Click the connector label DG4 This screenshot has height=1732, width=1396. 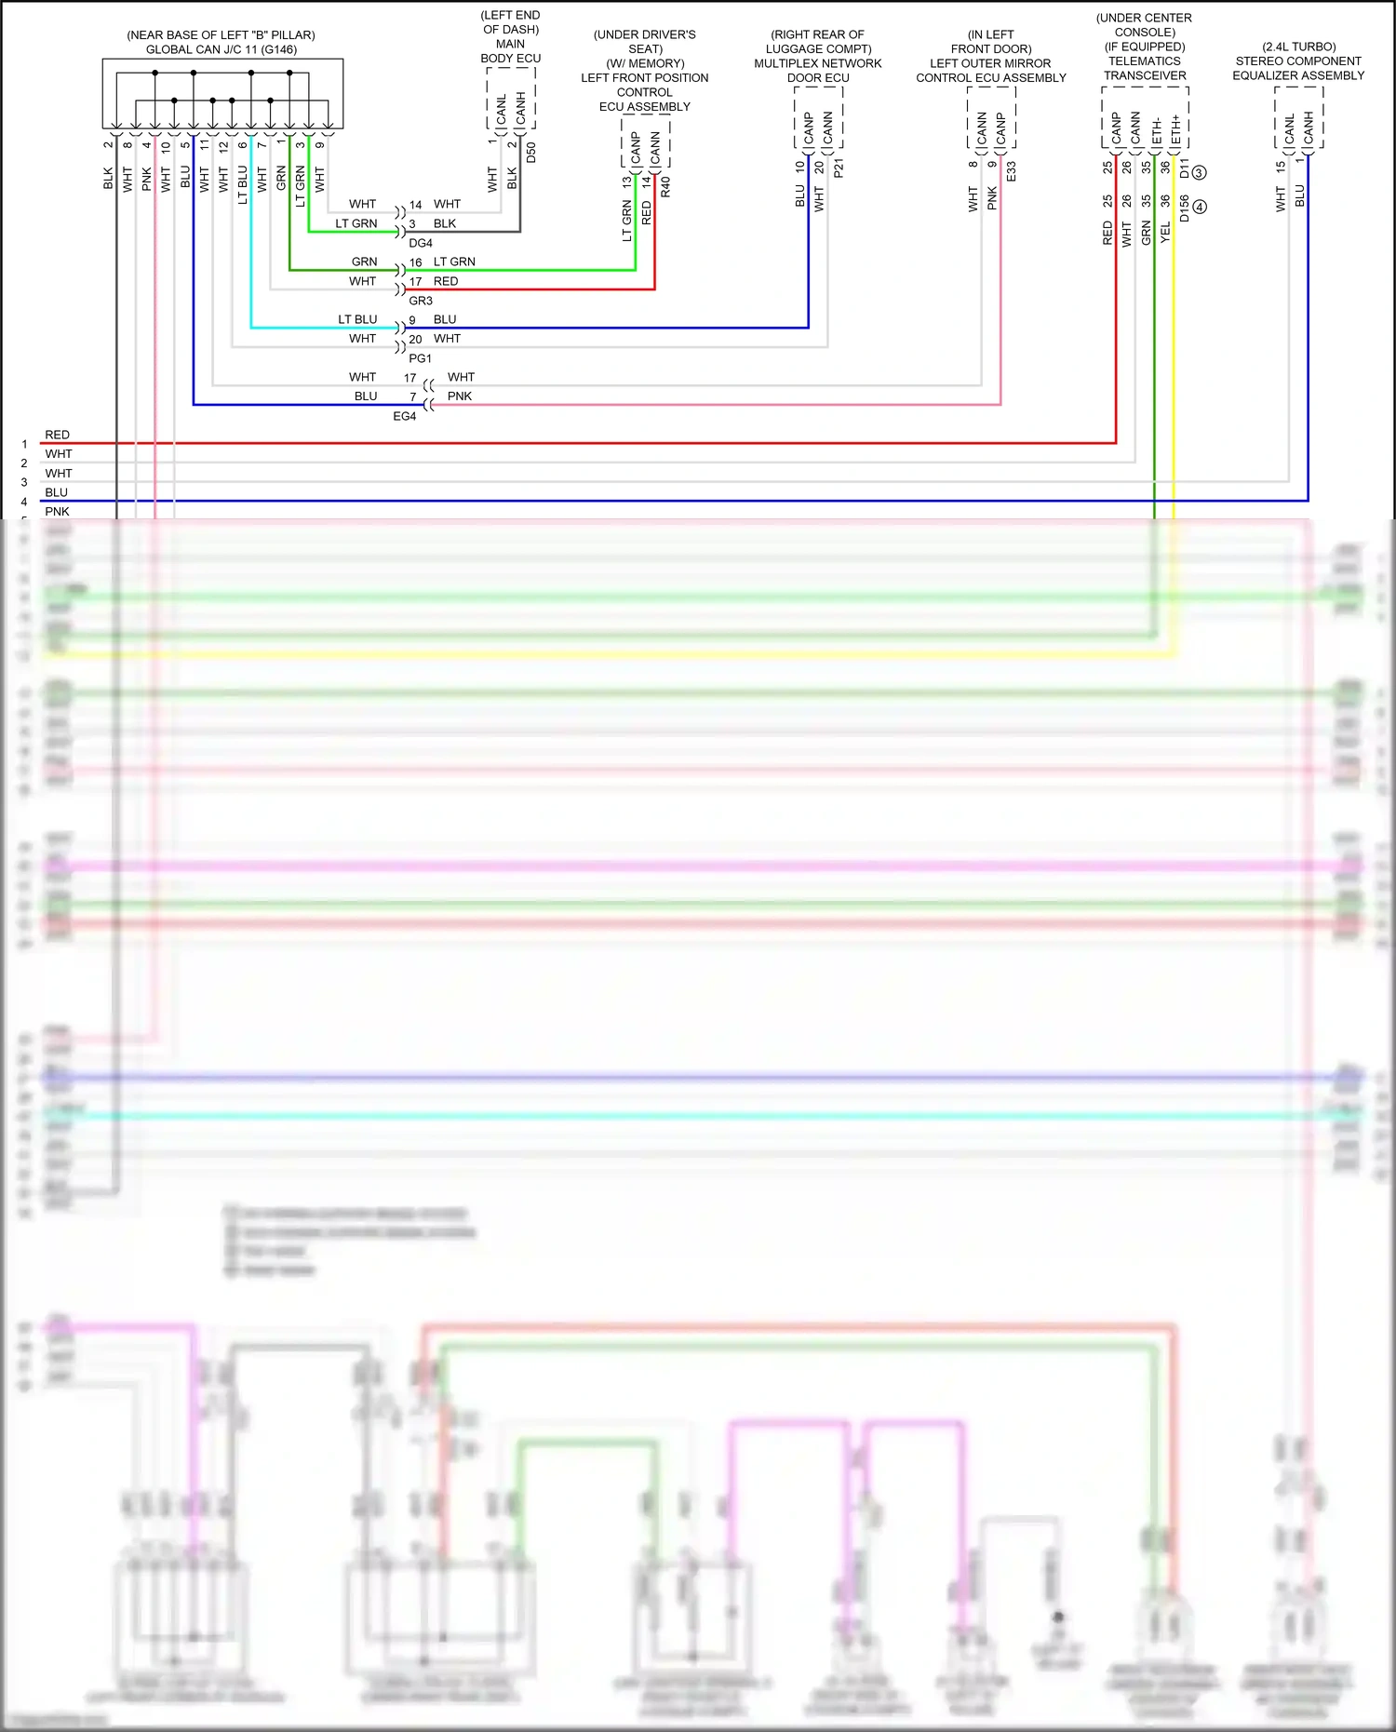pyautogui.click(x=421, y=243)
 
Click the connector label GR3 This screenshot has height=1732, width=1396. pyautogui.click(x=421, y=301)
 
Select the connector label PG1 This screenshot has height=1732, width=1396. pyautogui.click(x=421, y=358)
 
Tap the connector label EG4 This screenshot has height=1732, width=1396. pyautogui.click(x=405, y=416)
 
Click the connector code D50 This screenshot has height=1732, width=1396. pyautogui.click(x=531, y=153)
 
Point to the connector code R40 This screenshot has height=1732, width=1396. pyautogui.click(x=665, y=186)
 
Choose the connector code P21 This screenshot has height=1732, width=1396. pyautogui.click(x=839, y=168)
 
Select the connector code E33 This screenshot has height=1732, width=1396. pyautogui.click(x=1012, y=171)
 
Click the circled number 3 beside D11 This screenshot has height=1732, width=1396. pyautogui.click(x=1199, y=172)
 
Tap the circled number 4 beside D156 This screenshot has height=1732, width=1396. pyautogui.click(x=1200, y=207)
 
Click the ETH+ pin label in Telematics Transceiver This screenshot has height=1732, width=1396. pyautogui.click(x=1175, y=130)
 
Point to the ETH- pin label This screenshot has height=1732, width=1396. pyautogui.click(x=1157, y=130)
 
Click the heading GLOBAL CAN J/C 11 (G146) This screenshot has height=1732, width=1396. pyautogui.click(x=221, y=49)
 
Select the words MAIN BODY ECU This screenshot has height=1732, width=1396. pyautogui.click(x=510, y=51)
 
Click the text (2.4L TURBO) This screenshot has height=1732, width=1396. pyautogui.click(x=1298, y=47)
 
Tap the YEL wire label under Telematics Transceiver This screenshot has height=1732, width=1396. pyautogui.click(x=1166, y=234)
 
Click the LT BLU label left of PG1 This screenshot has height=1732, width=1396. pyautogui.click(x=357, y=319)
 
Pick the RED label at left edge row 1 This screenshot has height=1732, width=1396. pyautogui.click(x=57, y=435)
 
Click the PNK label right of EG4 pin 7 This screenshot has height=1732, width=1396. pyautogui.click(x=460, y=396)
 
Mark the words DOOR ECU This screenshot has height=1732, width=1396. pyautogui.click(x=818, y=78)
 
